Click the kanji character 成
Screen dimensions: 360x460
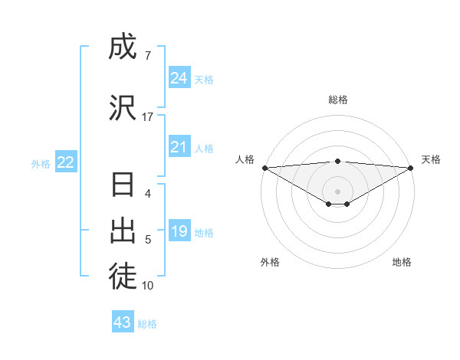click(x=123, y=47)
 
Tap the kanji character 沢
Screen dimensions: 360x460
click(x=123, y=107)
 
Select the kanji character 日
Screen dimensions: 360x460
click(x=123, y=186)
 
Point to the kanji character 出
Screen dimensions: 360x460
click(x=123, y=231)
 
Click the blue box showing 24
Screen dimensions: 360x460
click(x=179, y=78)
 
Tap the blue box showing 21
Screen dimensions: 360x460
click(x=179, y=148)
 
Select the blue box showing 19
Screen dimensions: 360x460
click(x=179, y=231)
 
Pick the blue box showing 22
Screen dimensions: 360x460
click(x=66, y=162)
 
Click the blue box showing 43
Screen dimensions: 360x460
click(x=123, y=322)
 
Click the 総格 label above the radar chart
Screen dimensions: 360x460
click(x=337, y=100)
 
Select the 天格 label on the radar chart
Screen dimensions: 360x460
click(x=431, y=159)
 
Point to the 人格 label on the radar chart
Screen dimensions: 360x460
click(x=245, y=159)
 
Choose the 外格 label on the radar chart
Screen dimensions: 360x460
click(x=270, y=262)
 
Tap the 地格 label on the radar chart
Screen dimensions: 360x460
click(x=402, y=262)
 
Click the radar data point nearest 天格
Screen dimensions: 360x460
click(x=411, y=167)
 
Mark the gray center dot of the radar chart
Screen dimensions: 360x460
click(x=337, y=191)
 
